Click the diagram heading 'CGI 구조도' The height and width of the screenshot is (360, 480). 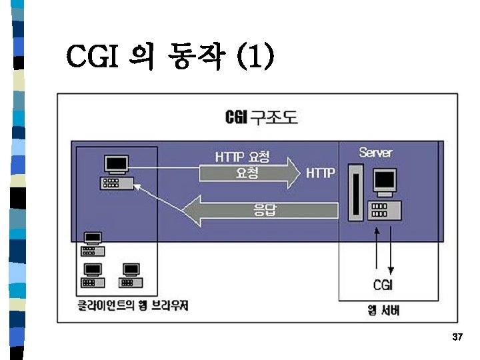pyautogui.click(x=262, y=118)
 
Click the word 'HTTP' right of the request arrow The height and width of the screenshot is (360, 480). pyautogui.click(x=321, y=173)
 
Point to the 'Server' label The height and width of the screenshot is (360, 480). pyautogui.click(x=376, y=152)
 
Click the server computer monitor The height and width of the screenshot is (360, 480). pyautogui.click(x=385, y=181)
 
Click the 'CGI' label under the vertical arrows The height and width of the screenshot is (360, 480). pyautogui.click(x=383, y=285)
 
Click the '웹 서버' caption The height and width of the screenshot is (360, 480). pyautogui.click(x=383, y=311)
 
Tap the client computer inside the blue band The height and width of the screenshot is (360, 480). pyautogui.click(x=117, y=172)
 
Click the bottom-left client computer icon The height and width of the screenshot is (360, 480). pyautogui.click(x=91, y=275)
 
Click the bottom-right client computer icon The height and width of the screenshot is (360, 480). pyautogui.click(x=131, y=275)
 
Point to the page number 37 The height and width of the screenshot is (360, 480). pyautogui.click(x=457, y=338)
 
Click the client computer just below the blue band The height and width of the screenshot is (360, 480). pyautogui.click(x=91, y=244)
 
